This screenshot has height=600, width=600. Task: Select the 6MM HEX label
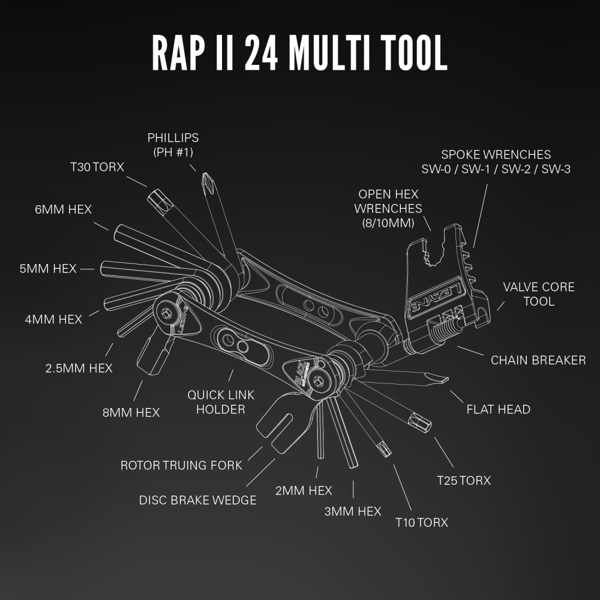pyautogui.click(x=63, y=209)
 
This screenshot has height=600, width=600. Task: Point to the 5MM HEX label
pyautogui.click(x=48, y=269)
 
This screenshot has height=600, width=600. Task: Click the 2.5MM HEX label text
pyautogui.click(x=79, y=368)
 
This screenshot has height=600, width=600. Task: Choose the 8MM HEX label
pyautogui.click(x=131, y=413)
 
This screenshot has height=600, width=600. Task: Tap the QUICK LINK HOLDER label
pyautogui.click(x=221, y=402)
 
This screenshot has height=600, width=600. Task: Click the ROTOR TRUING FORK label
pyautogui.click(x=181, y=465)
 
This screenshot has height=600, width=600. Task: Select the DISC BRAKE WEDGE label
pyautogui.click(x=197, y=500)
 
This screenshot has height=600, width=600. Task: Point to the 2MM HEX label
pyautogui.click(x=304, y=491)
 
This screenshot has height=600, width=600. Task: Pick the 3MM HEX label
pyautogui.click(x=353, y=511)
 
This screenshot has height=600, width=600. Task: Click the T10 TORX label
pyautogui.click(x=421, y=523)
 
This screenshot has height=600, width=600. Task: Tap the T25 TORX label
pyautogui.click(x=464, y=481)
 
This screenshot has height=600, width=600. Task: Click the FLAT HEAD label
pyautogui.click(x=499, y=410)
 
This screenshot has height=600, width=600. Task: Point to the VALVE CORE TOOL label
pyautogui.click(x=539, y=294)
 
